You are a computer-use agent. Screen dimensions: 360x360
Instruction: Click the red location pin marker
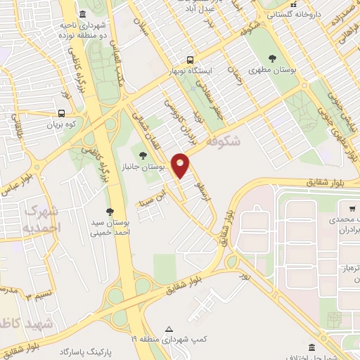pos(181,165)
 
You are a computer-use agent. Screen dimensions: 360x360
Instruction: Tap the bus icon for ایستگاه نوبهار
pos(189,60)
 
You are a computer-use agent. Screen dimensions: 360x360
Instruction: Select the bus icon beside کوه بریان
pos(62,112)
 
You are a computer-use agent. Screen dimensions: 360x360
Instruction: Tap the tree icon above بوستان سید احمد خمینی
pos(109,211)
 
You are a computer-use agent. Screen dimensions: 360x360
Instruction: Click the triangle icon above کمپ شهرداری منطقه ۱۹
pos(169,328)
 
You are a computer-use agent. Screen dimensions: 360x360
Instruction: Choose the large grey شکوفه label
pos(224,141)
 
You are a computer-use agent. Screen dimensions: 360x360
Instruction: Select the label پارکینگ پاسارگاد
pos(87,350)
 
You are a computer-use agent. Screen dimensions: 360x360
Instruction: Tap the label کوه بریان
pos(60,124)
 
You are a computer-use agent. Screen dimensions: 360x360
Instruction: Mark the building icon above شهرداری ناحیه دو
pos(83,15)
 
